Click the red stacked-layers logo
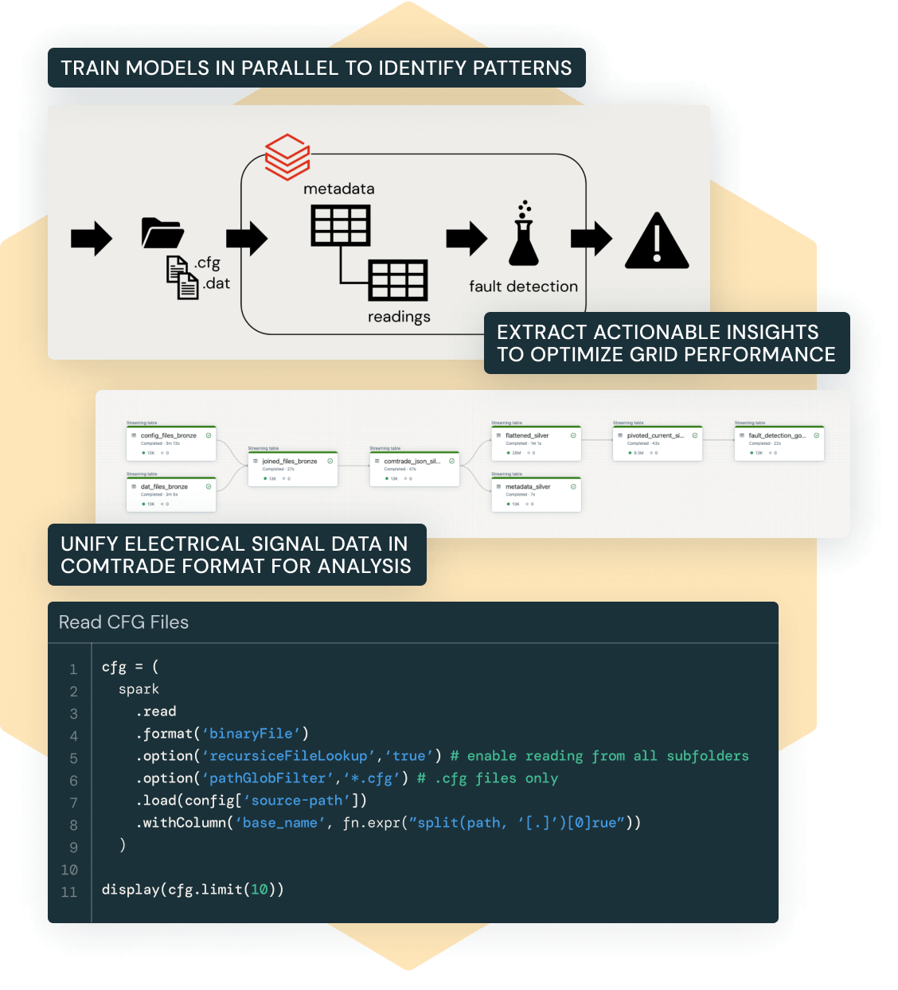(x=287, y=157)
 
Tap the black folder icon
(x=162, y=232)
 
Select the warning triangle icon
(x=657, y=241)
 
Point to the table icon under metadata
(x=340, y=225)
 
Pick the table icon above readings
(x=398, y=280)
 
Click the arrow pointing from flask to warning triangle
(x=591, y=238)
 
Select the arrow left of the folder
(x=92, y=238)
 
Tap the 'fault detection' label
(x=523, y=286)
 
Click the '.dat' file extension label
(x=216, y=283)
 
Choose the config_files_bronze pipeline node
(x=171, y=444)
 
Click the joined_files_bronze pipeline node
(x=292, y=470)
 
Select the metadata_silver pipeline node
(x=536, y=494)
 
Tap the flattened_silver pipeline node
(x=536, y=444)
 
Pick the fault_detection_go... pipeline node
(x=779, y=444)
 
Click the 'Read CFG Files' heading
(x=123, y=622)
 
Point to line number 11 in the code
(x=69, y=892)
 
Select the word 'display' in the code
(x=131, y=890)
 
